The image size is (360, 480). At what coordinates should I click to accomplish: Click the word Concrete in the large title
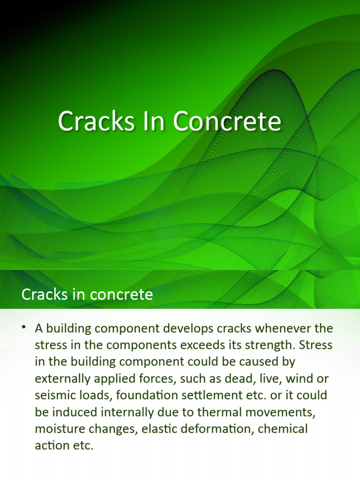click(x=227, y=121)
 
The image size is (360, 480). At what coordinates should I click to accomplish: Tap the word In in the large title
click(x=153, y=121)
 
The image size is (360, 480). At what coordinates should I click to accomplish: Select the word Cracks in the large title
click(x=96, y=121)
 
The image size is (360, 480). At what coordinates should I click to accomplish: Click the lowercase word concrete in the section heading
click(x=121, y=294)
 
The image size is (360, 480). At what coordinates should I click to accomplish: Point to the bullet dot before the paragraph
click(x=24, y=327)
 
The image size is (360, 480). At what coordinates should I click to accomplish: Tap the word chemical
click(x=283, y=428)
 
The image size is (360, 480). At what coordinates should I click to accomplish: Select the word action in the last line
click(x=52, y=445)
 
